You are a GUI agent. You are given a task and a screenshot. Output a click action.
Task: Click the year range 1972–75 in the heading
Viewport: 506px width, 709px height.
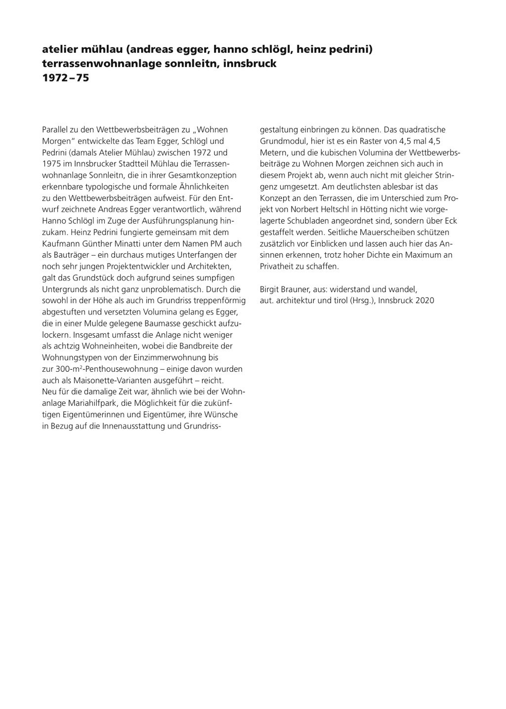(65, 78)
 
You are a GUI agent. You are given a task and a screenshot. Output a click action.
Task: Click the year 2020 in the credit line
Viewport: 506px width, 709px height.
(425, 300)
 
